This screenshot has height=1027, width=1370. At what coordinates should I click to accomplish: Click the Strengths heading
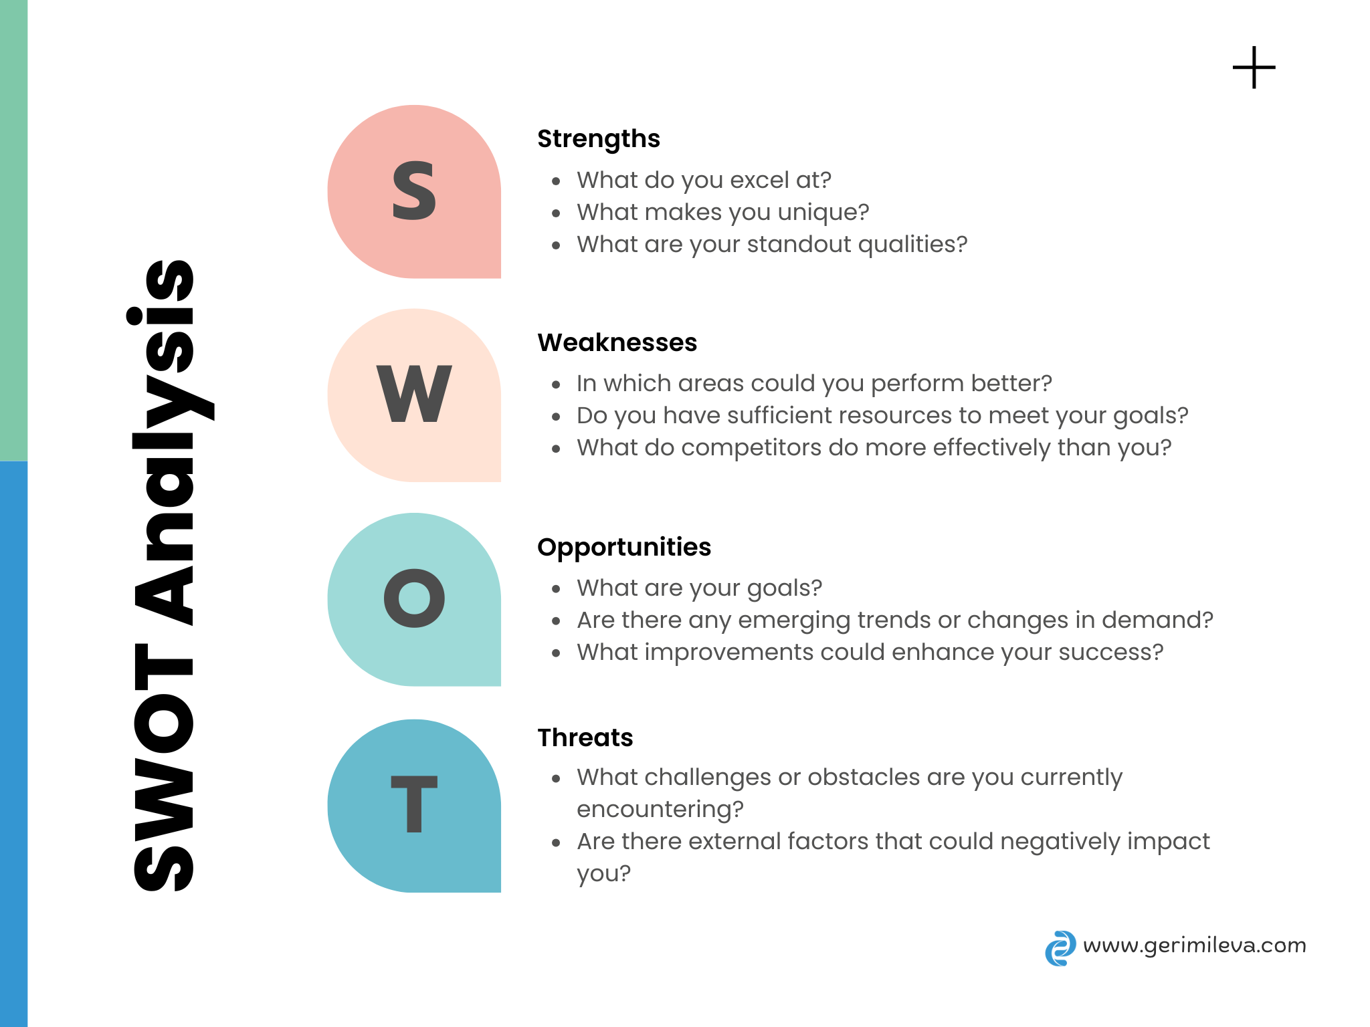point(598,139)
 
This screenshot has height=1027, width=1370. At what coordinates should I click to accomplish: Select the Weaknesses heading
point(617,343)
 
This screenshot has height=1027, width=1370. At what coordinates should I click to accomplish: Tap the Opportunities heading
point(623,547)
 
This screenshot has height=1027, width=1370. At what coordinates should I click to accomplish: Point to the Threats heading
point(585,737)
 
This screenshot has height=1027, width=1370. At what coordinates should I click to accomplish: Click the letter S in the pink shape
point(414,191)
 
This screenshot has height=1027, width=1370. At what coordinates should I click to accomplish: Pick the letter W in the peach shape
point(414,394)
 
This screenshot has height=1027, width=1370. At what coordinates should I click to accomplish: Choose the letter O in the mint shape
point(414,598)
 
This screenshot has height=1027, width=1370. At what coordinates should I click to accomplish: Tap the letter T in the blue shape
point(414,804)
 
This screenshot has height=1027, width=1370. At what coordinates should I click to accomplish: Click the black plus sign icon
point(1254,68)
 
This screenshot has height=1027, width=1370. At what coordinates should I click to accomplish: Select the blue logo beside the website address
point(1060,948)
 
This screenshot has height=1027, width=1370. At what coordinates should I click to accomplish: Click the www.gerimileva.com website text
point(1194,945)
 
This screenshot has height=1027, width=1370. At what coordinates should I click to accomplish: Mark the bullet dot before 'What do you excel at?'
point(556,181)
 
